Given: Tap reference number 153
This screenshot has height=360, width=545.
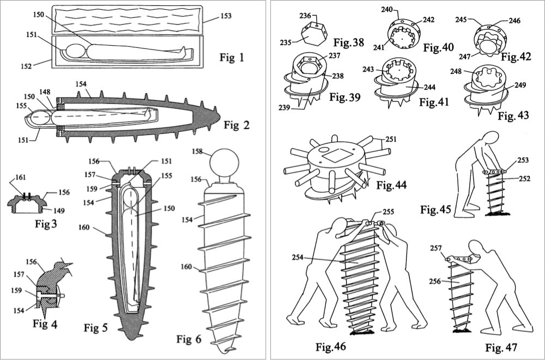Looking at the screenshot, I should coord(225,16).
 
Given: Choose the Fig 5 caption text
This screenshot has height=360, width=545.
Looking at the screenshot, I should coord(98,327).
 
